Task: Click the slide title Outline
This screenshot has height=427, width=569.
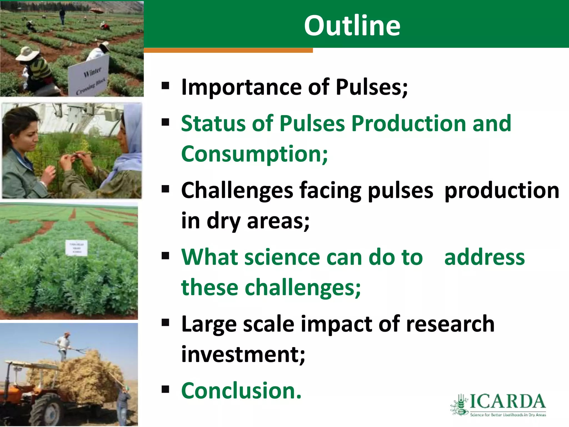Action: [x=352, y=26]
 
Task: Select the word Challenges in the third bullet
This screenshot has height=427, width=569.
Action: [x=237, y=190]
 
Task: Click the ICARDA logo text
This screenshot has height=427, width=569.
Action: [x=507, y=402]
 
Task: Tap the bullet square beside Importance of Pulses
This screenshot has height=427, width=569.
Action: [x=165, y=86]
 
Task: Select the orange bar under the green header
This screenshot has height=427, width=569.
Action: [x=228, y=50]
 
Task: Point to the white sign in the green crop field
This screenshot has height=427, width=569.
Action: [x=76, y=248]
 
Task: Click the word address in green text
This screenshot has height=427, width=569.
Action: [x=484, y=257]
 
